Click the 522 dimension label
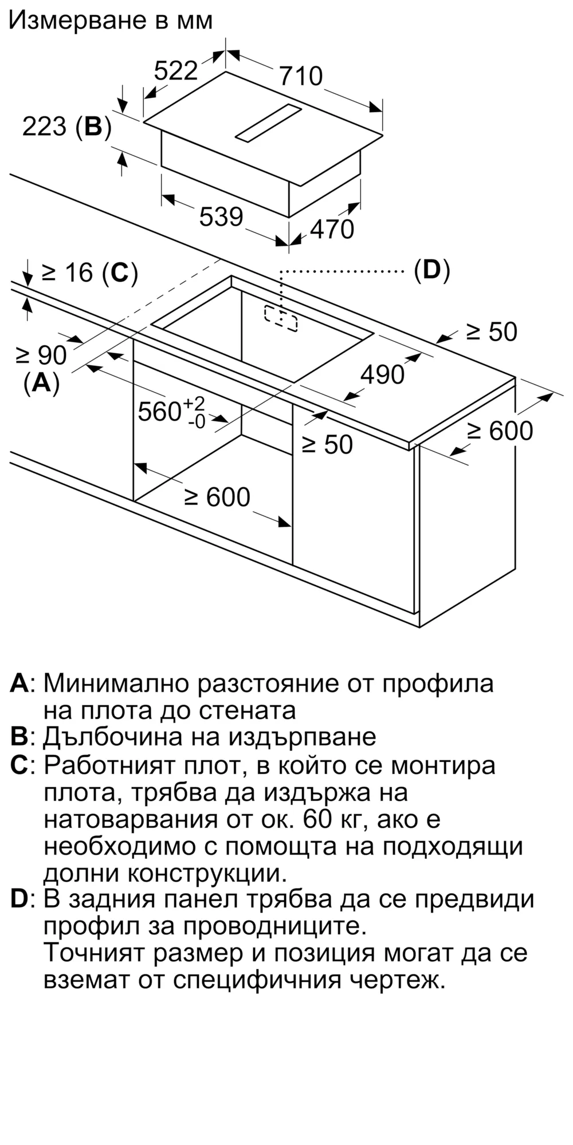[x=176, y=70]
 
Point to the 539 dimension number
[x=221, y=216]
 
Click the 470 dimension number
[x=332, y=229]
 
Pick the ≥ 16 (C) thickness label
[x=90, y=273]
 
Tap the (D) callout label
[x=431, y=270]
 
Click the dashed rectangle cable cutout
[x=281, y=317]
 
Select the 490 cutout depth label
[x=382, y=374]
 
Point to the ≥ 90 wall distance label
[x=41, y=356]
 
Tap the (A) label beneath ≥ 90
[x=41, y=382]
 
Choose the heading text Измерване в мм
[x=111, y=20]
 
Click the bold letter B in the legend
[x=19, y=736]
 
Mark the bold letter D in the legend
[x=19, y=899]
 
